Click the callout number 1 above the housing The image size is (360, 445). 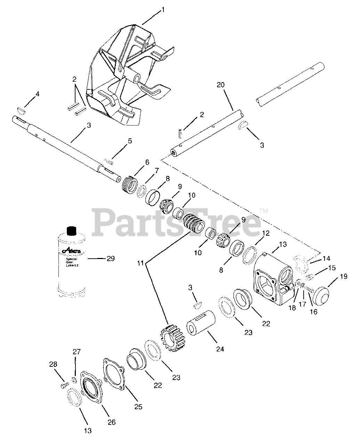click(163, 11)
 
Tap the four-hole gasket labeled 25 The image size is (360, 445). click(115, 375)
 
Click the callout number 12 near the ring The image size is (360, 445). click(265, 234)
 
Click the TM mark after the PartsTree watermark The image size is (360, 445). click(263, 211)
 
